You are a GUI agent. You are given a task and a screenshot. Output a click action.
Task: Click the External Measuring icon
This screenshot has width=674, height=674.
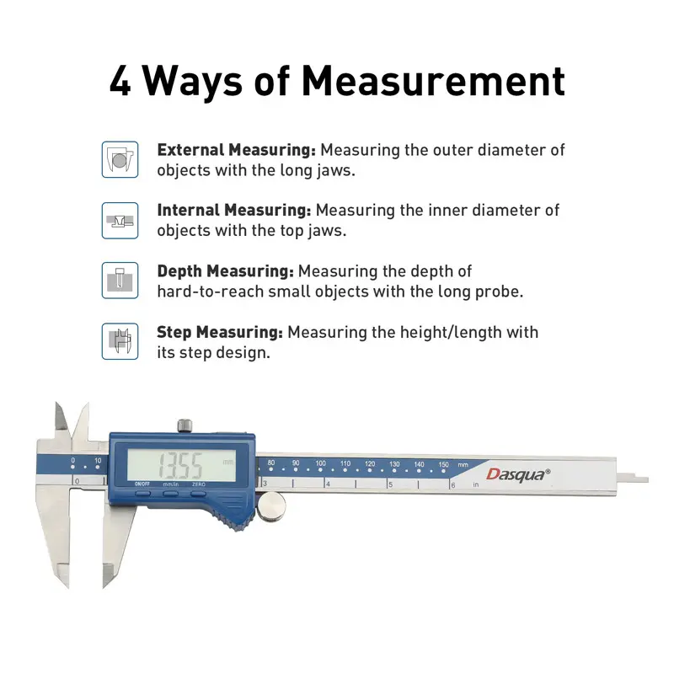click(x=120, y=159)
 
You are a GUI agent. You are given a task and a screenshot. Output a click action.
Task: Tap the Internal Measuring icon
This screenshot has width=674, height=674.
click(x=120, y=221)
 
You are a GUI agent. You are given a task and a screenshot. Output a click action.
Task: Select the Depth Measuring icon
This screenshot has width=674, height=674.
click(x=120, y=281)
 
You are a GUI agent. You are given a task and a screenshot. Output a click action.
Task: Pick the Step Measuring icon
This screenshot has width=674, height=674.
click(x=120, y=341)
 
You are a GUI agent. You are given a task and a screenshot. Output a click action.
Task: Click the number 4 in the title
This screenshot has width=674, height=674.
click(x=120, y=81)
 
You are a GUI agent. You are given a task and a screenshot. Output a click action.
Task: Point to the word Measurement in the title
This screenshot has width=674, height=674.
click(x=433, y=81)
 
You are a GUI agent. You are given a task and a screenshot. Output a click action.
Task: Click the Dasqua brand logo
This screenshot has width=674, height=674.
click(x=518, y=474)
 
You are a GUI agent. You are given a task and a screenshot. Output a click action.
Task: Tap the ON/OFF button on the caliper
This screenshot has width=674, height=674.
click(x=142, y=493)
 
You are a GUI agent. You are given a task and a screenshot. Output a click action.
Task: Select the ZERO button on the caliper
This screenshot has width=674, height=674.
click(x=199, y=493)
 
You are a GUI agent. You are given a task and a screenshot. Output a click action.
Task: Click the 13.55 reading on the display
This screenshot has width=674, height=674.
click(x=180, y=466)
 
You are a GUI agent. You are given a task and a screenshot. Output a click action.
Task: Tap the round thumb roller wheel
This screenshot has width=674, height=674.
click(x=270, y=507)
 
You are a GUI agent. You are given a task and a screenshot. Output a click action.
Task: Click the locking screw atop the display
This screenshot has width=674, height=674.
click(x=185, y=425)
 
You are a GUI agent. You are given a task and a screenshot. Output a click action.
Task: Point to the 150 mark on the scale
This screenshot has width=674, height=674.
click(x=444, y=464)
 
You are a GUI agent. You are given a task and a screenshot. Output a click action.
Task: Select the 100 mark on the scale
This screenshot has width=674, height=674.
click(x=321, y=463)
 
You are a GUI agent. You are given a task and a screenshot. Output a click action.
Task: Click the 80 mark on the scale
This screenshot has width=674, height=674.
click(x=270, y=463)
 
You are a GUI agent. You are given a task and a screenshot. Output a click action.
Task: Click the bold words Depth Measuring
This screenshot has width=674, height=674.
click(x=225, y=271)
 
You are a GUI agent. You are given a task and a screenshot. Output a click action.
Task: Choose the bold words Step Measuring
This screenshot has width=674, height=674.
click(x=220, y=332)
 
